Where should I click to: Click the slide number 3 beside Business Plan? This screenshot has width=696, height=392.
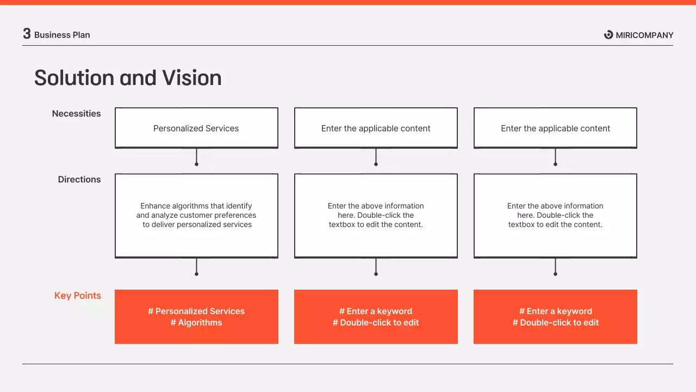[27, 34]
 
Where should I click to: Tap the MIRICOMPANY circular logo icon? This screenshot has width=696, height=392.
[608, 35]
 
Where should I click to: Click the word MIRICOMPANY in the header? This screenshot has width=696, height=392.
[644, 35]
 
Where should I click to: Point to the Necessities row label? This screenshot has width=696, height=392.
[76, 114]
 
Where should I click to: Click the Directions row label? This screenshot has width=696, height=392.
[79, 180]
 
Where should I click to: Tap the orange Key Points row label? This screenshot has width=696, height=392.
[78, 296]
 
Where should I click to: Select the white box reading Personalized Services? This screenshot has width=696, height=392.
[196, 128]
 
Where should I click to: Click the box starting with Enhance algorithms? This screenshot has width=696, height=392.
[196, 215]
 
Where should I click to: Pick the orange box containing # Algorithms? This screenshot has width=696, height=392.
[196, 317]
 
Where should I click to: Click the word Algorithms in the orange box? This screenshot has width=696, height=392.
[200, 323]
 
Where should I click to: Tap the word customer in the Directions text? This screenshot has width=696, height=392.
[198, 215]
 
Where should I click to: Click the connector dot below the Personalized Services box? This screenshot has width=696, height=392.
[196, 164]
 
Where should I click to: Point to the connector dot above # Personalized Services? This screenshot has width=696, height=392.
[196, 274]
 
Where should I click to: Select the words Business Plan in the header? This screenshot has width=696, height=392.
[62, 35]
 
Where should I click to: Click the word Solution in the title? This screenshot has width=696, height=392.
[74, 78]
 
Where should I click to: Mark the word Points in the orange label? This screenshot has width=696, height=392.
[88, 296]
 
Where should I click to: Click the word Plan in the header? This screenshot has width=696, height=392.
[80, 35]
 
